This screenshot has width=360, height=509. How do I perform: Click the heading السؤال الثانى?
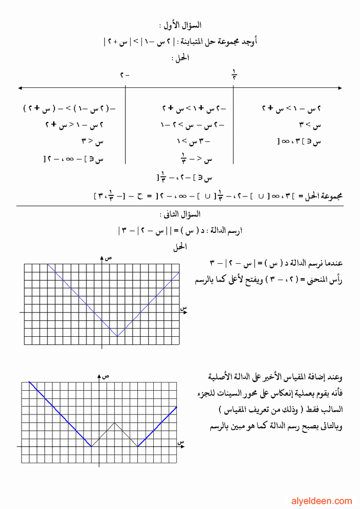pos(180,214)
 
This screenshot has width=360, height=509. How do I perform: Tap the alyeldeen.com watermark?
pos(322,500)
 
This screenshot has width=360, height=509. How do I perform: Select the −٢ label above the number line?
pos(125,75)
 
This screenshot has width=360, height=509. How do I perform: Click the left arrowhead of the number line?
pos(20,88)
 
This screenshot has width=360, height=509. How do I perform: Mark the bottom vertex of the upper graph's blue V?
pos(117,336)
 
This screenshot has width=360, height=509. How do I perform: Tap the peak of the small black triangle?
pos(114,423)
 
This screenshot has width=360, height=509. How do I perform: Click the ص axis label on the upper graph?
pos(109,258)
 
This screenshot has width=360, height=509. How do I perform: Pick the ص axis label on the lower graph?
pos(106,376)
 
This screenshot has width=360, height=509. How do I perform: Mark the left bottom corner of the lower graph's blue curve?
pos(91,446)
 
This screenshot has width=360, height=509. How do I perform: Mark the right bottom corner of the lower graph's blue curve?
pos(138,446)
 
